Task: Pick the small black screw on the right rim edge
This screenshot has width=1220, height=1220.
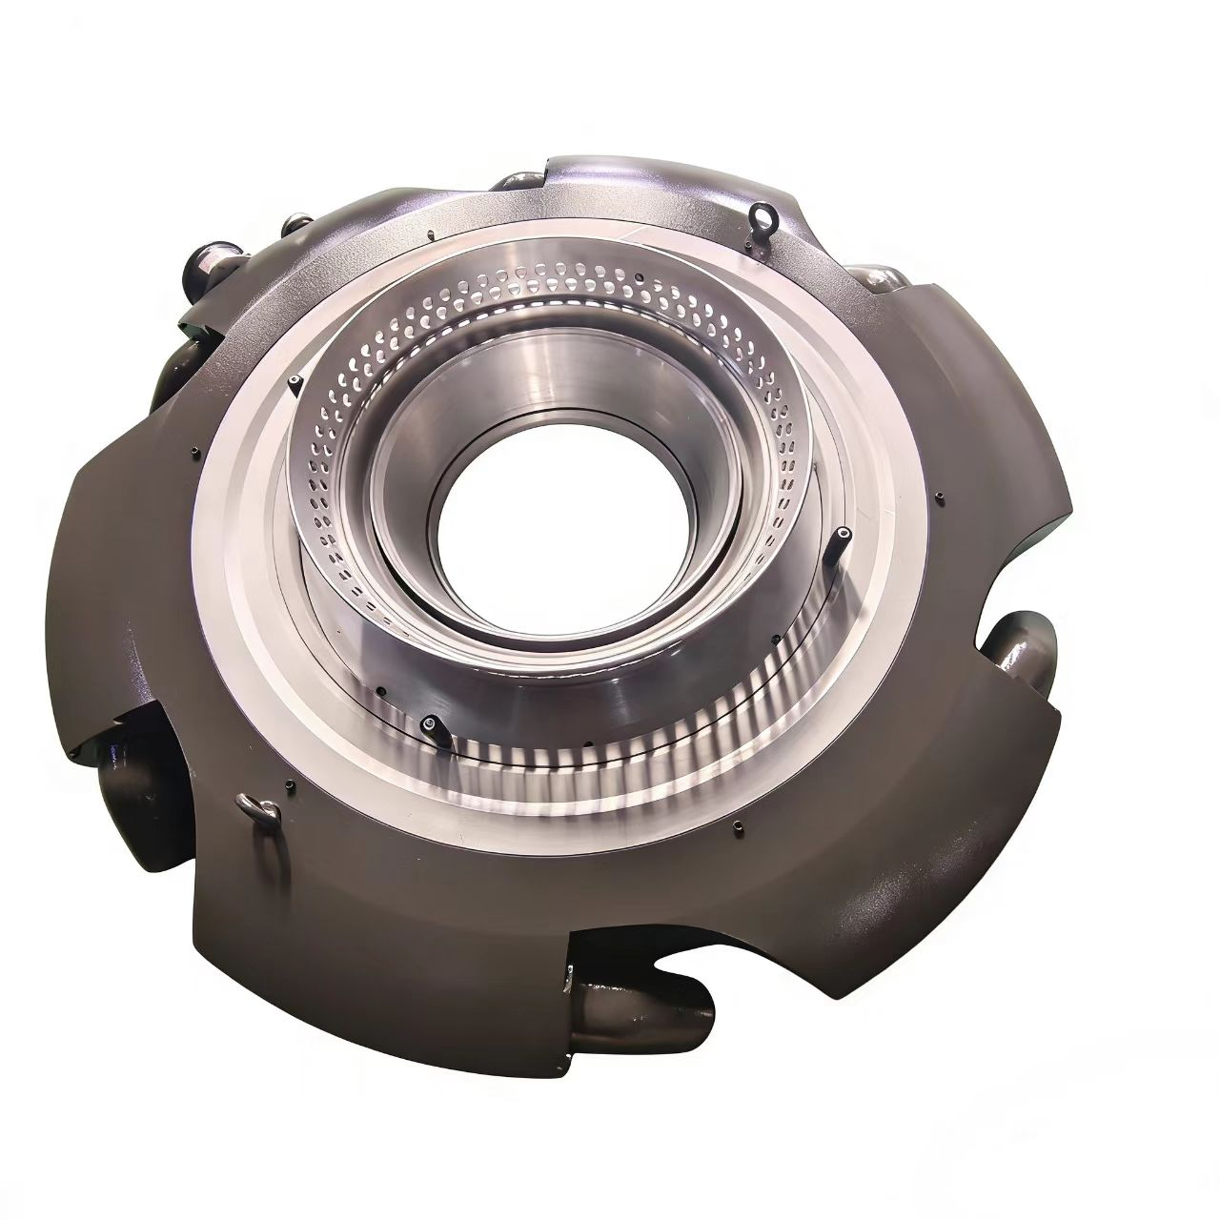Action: [940, 497]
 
